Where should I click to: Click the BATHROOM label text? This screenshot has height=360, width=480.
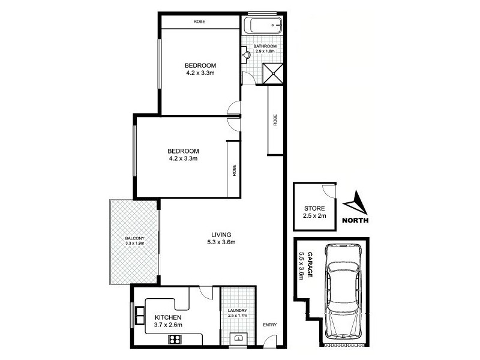click(x=265, y=46)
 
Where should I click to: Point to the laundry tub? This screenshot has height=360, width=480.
click(x=238, y=339)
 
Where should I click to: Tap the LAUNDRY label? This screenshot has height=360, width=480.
click(x=238, y=310)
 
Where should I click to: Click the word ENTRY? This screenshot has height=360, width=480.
click(x=270, y=325)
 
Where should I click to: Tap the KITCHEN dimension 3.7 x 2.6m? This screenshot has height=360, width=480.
click(x=169, y=325)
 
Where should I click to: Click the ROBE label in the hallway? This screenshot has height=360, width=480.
click(x=275, y=120)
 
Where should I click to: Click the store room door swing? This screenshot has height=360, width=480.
click(x=328, y=190)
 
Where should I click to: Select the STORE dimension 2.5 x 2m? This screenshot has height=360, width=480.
click(x=314, y=216)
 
